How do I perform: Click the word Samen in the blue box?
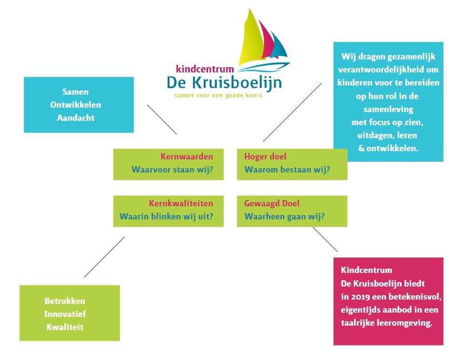(x=75, y=92)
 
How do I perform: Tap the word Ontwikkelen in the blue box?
(x=76, y=105)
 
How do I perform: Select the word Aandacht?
(x=76, y=118)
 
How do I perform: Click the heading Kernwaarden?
(x=187, y=156)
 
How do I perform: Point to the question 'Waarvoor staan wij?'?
(x=172, y=170)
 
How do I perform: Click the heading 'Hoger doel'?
(x=265, y=157)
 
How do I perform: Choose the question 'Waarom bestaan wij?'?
(x=287, y=170)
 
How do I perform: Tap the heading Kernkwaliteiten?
(x=181, y=203)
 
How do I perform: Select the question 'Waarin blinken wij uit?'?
(x=166, y=216)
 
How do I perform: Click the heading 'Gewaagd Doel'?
(x=272, y=203)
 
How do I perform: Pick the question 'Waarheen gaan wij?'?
(x=285, y=216)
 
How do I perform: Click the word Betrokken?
(x=65, y=301)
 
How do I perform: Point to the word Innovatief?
(x=65, y=314)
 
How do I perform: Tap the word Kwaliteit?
(x=65, y=327)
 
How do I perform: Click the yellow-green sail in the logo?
(x=251, y=40)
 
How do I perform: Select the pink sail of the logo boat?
(x=266, y=41)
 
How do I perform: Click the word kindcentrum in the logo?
(x=205, y=69)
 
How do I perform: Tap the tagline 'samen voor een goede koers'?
(x=218, y=95)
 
